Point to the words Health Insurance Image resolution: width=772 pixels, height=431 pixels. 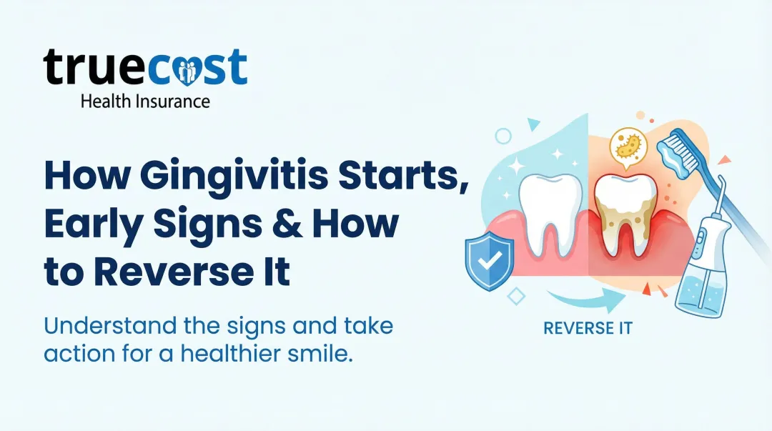145,101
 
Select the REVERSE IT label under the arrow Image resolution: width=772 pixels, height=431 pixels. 588,328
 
